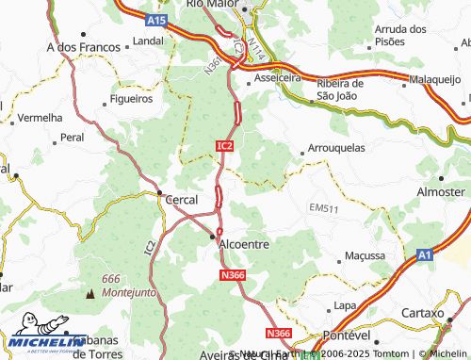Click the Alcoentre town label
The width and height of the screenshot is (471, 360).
click(x=244, y=243)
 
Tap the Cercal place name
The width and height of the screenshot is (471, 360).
click(x=181, y=200)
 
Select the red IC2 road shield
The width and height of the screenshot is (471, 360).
click(x=223, y=146)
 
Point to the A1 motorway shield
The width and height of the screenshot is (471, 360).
click(x=424, y=254)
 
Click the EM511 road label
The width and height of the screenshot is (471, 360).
click(x=323, y=207)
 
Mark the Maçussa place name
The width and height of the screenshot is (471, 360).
click(x=365, y=255)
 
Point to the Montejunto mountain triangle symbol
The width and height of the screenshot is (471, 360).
click(x=90, y=294)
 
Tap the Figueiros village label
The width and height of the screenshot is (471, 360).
click(x=131, y=98)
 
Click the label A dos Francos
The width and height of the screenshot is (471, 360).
click(x=84, y=45)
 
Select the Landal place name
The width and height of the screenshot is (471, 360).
click(x=148, y=42)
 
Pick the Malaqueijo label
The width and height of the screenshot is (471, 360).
click(x=438, y=82)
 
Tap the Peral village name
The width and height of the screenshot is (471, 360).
click(x=73, y=137)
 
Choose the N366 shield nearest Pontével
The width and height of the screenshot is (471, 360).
click(x=278, y=334)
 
